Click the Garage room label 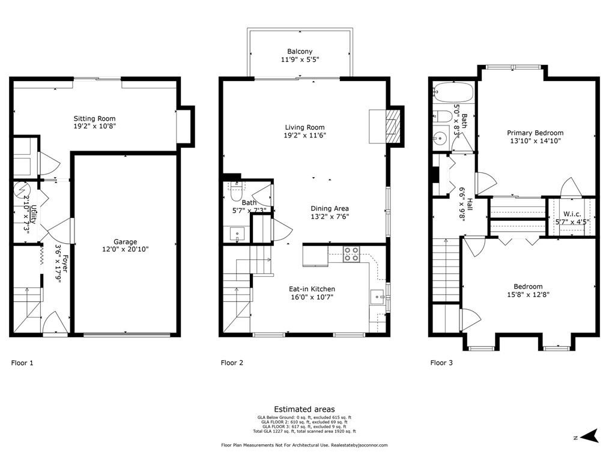[126, 242]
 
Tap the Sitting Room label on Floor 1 [94, 119]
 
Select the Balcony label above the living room [299, 52]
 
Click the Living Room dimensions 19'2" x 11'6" [304, 136]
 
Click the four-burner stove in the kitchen [351, 254]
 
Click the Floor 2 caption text [232, 363]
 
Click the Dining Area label [329, 208]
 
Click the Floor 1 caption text [22, 363]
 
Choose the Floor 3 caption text [441, 363]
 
